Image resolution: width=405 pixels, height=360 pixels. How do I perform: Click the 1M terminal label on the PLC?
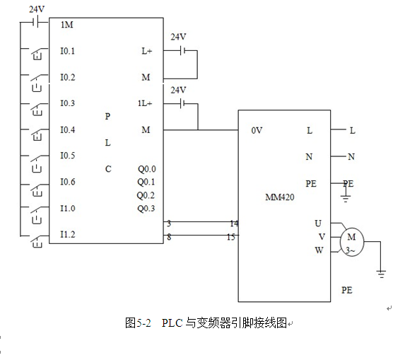(67, 25)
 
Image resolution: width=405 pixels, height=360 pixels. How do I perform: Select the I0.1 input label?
(67, 51)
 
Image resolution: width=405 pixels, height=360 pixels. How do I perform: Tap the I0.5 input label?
(68, 156)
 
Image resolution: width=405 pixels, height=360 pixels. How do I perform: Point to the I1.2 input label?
(68, 234)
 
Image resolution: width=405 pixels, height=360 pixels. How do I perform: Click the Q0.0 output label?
(147, 169)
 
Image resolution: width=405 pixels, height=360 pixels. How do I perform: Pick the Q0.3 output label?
(146, 209)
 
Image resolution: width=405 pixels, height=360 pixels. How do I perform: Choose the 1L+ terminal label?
(145, 103)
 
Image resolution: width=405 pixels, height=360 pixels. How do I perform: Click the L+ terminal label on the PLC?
(147, 51)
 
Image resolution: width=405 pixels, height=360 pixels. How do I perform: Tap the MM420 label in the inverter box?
(280, 197)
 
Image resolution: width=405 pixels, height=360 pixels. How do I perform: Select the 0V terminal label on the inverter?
(257, 131)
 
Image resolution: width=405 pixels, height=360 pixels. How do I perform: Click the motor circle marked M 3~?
(352, 242)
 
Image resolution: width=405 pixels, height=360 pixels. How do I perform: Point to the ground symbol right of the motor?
(381, 274)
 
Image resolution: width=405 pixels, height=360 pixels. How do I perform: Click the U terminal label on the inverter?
(318, 223)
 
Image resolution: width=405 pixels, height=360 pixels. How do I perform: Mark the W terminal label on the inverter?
(319, 250)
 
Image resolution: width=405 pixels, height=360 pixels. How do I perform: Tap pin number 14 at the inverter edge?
(234, 223)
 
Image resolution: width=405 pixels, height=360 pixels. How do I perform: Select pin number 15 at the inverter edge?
(231, 237)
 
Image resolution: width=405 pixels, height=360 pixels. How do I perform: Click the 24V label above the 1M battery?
(37, 10)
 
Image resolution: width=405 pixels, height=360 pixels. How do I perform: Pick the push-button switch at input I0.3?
(38, 108)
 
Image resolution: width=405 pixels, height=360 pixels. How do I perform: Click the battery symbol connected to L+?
(182, 51)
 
